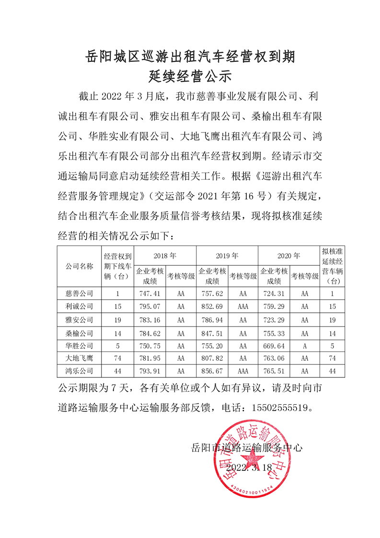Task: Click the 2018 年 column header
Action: pyautogui.click(x=165, y=256)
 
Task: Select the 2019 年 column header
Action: pyautogui.click(x=227, y=256)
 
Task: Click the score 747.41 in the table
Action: pyautogui.click(x=149, y=293)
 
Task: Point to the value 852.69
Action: pyautogui.click(x=211, y=306)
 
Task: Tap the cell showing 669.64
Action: pyautogui.click(x=274, y=345)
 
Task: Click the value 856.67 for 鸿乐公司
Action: pyautogui.click(x=211, y=371)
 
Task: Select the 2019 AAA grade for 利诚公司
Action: pyautogui.click(x=243, y=306)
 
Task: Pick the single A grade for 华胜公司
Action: pyautogui.click(x=305, y=345)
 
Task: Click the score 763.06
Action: pyautogui.click(x=274, y=358)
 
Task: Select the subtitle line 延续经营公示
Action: pyautogui.click(x=190, y=76)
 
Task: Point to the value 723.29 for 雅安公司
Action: pyautogui.click(x=274, y=319)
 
